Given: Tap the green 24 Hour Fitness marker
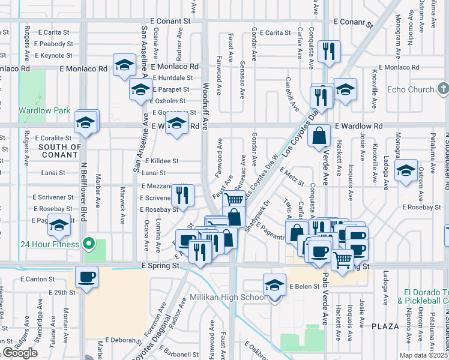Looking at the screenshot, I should pyautogui.click(x=89, y=244).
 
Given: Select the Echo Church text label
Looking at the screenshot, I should pyautogui.click(x=411, y=90).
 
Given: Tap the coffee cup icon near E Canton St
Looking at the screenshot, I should pyautogui.click(x=87, y=278).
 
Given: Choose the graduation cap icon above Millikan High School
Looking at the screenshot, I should pyautogui.click(x=274, y=284).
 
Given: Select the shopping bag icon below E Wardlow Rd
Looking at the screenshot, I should pyautogui.click(x=319, y=136).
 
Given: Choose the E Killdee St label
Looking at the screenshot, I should pyautogui.click(x=161, y=161).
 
